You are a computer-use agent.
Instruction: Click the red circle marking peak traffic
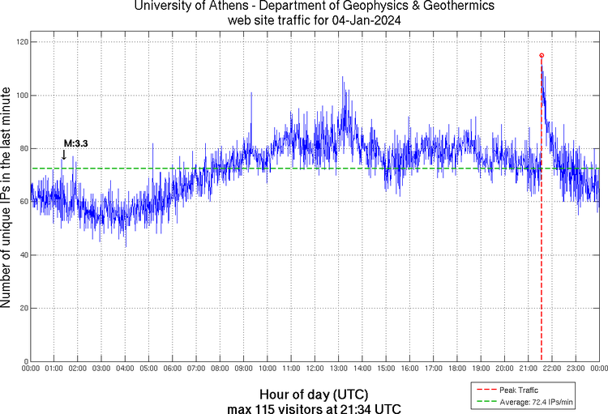point(542,55)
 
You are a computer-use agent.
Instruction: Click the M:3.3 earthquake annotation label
point(75,143)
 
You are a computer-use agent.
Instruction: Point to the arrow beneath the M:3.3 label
point(64,155)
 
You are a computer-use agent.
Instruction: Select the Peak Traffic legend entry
point(519,390)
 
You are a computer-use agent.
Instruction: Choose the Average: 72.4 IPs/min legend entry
point(532,401)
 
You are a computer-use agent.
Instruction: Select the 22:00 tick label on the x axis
point(552,369)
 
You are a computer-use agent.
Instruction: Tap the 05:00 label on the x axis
point(149,369)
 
